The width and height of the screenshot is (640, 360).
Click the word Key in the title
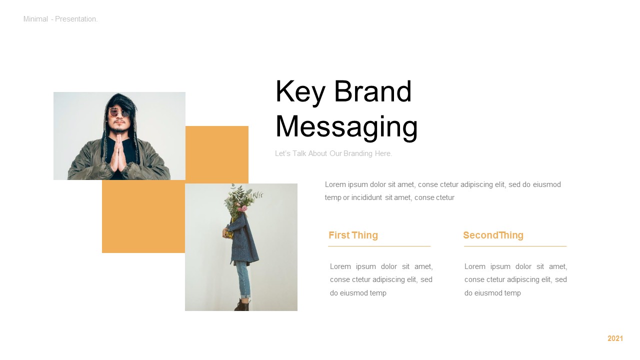(300, 92)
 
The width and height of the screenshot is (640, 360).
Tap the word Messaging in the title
(346, 127)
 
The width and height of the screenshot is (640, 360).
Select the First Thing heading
(353, 235)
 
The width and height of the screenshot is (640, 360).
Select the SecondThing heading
(493, 235)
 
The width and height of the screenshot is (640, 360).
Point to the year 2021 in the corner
(615, 338)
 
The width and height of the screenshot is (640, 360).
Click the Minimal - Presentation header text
(60, 19)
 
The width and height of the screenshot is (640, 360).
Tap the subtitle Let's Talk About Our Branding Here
(333, 153)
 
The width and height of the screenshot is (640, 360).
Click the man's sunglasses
(119, 113)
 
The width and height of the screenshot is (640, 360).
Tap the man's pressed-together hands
(119, 153)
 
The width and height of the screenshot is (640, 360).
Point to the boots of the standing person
(242, 304)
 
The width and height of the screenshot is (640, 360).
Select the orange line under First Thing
(379, 246)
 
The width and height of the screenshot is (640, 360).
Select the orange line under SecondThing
(515, 246)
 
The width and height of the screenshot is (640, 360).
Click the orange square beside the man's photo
(217, 154)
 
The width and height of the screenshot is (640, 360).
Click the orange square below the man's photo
(143, 216)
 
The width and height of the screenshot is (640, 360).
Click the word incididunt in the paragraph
(366, 197)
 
